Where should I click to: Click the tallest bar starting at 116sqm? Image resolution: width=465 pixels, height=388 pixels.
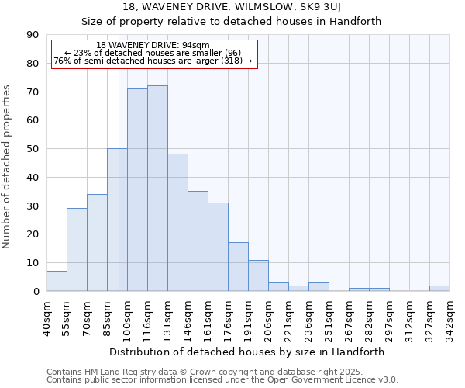point(157,189)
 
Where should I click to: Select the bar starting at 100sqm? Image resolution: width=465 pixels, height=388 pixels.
point(137,190)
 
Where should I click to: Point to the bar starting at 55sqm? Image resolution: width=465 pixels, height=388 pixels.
point(77,250)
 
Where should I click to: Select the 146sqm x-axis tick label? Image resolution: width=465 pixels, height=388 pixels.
point(188,316)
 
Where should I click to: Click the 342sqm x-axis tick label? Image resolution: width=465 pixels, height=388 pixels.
point(449,316)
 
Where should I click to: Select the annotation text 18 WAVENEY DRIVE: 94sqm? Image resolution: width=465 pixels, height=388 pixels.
point(153,45)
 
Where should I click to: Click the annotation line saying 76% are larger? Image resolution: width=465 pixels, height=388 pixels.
point(153,61)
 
